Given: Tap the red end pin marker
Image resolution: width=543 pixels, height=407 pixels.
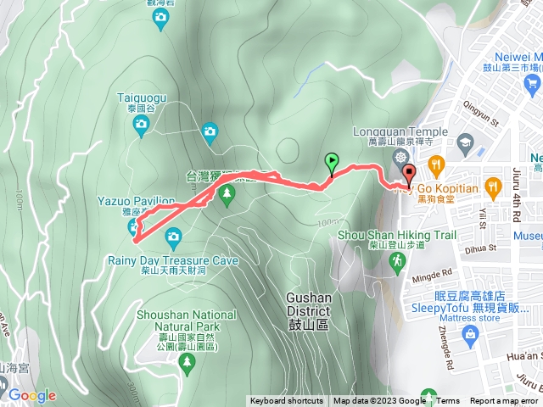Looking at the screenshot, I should click(x=409, y=174).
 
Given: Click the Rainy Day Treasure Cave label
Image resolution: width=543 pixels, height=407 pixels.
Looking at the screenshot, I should click(x=172, y=260).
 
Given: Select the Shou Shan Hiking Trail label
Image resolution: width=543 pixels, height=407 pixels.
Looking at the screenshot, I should click(x=409, y=235).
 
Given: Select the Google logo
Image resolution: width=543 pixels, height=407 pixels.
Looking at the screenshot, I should click(x=31, y=395).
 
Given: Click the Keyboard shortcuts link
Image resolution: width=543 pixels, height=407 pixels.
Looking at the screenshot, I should click(x=286, y=401).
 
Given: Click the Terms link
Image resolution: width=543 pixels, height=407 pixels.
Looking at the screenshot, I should click(x=448, y=401).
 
